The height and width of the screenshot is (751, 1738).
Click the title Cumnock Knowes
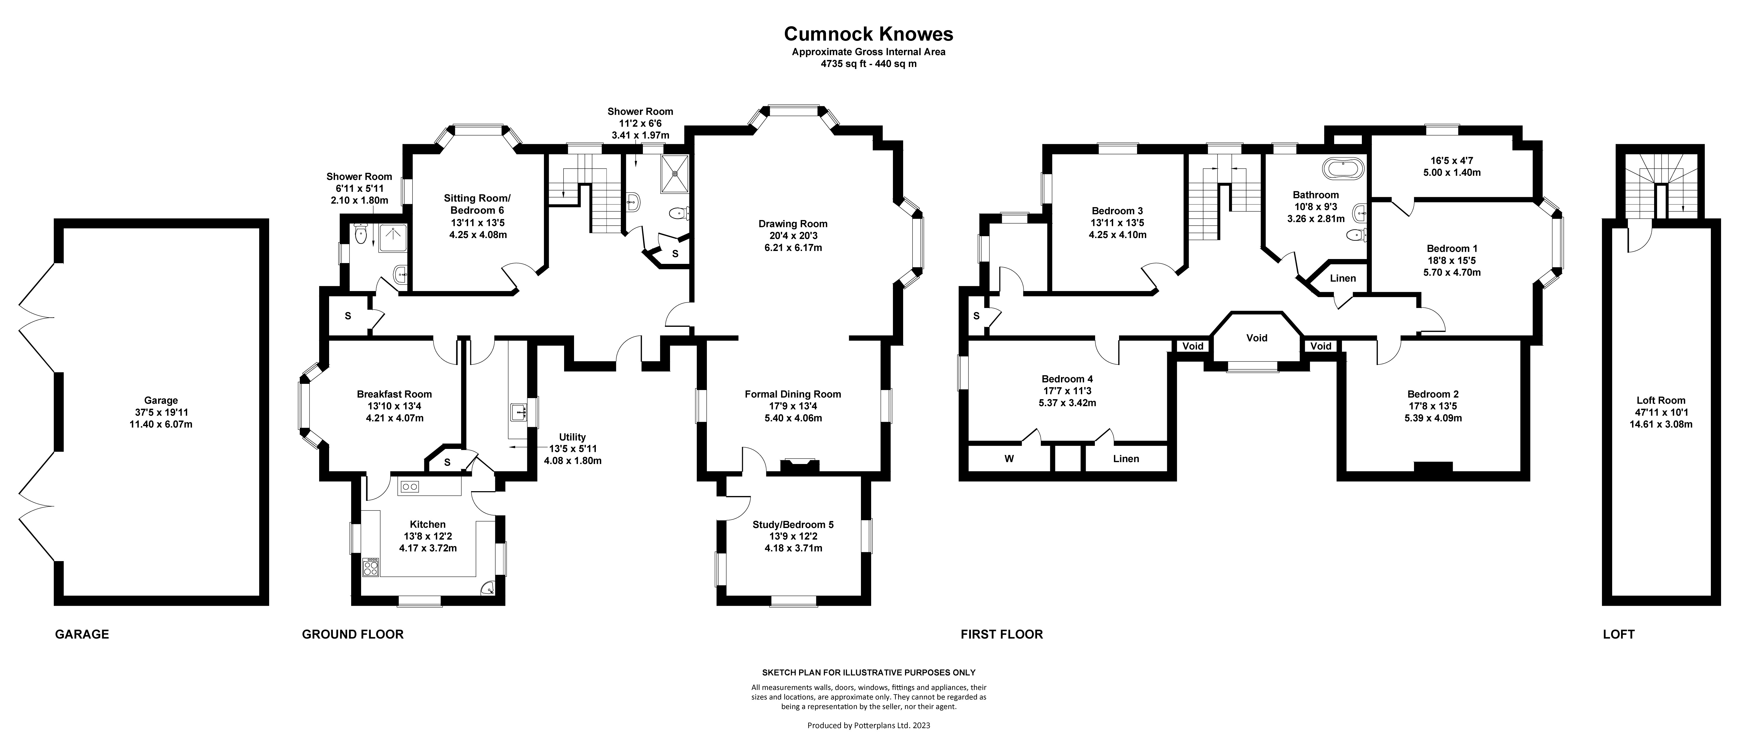click(868, 34)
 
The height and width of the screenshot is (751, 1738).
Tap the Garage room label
click(161, 400)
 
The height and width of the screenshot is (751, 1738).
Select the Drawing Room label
click(793, 223)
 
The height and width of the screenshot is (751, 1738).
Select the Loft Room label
click(1660, 400)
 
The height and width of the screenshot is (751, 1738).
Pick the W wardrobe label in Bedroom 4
click(1009, 459)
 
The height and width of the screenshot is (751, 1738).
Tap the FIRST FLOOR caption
click(1002, 634)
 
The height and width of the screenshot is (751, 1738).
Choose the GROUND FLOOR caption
click(353, 634)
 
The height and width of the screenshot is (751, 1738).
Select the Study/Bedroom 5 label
click(793, 524)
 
